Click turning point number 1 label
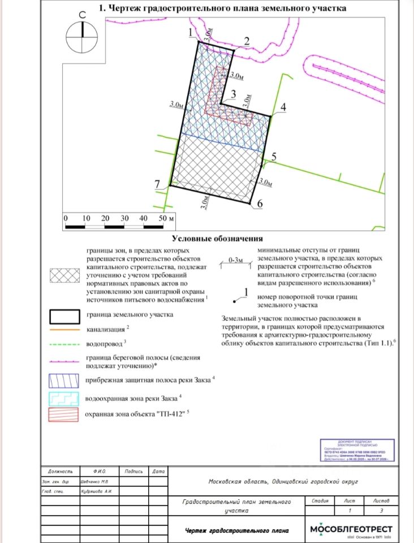191,35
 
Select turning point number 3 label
232,95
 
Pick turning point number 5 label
274,157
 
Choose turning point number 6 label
260,204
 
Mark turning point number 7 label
157,182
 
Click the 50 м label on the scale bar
166,218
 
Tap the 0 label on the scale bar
66,218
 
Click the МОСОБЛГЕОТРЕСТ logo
351,531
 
